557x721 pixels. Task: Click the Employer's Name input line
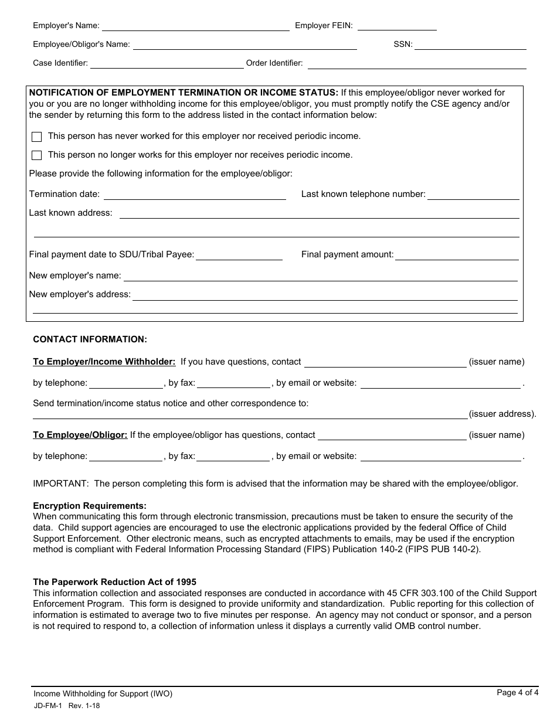coord(196,26)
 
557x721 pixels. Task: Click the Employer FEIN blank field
coord(397,26)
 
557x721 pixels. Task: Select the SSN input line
coord(470,45)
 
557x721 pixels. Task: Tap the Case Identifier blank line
coord(167,64)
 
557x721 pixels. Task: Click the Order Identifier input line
coord(416,64)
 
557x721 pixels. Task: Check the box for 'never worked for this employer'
coord(37,137)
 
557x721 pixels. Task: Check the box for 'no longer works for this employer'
coord(37,155)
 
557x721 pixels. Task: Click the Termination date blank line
coord(195,195)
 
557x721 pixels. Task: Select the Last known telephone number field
coord(473,195)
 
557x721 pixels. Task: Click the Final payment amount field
coord(457,255)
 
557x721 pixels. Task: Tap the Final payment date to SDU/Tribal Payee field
coord(239,255)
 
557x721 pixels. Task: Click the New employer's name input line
coord(320,277)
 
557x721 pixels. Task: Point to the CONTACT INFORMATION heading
coord(90,339)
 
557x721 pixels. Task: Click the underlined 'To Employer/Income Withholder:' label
coord(104,362)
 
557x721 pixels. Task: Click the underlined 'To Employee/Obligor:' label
coord(80,435)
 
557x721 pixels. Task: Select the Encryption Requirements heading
coord(90,505)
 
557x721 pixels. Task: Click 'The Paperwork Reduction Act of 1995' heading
coord(114,582)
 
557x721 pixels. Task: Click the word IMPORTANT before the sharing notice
coord(60,484)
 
